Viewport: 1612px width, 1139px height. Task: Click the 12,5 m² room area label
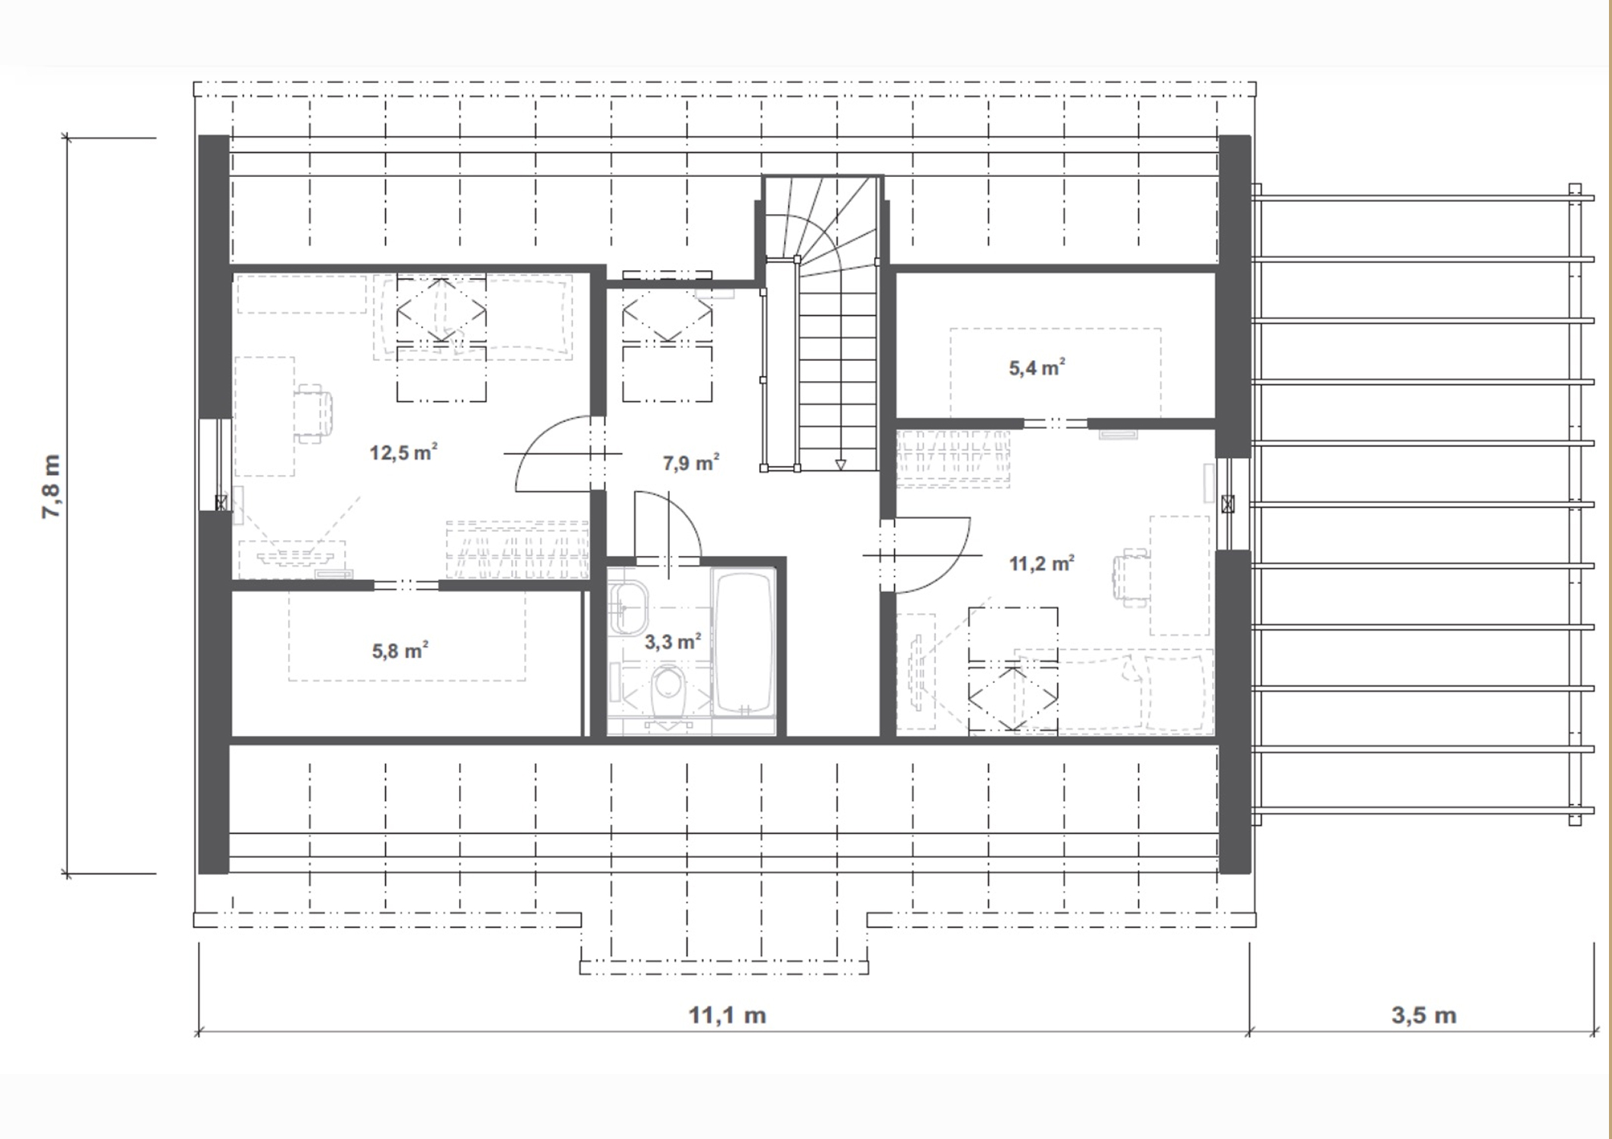[404, 452]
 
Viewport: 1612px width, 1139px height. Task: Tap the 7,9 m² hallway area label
[691, 462]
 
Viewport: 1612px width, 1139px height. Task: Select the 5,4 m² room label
[1037, 368]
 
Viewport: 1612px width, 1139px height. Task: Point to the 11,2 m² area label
[1042, 563]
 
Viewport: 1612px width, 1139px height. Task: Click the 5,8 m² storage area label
[400, 650]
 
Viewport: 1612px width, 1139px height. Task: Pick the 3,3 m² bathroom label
[672, 642]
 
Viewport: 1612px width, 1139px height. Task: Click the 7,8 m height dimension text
[51, 486]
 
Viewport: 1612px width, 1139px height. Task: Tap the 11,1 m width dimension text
[727, 1015]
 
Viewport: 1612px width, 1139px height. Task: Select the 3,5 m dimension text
[1424, 1015]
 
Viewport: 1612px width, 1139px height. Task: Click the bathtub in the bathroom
[744, 642]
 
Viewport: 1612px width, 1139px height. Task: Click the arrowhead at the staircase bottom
[840, 464]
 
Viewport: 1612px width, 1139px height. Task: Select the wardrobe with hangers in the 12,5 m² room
[517, 550]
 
